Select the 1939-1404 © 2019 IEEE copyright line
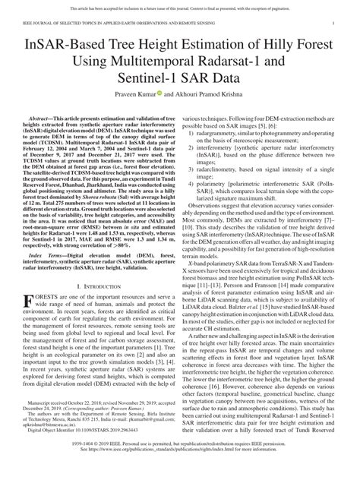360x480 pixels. [180, 460]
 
